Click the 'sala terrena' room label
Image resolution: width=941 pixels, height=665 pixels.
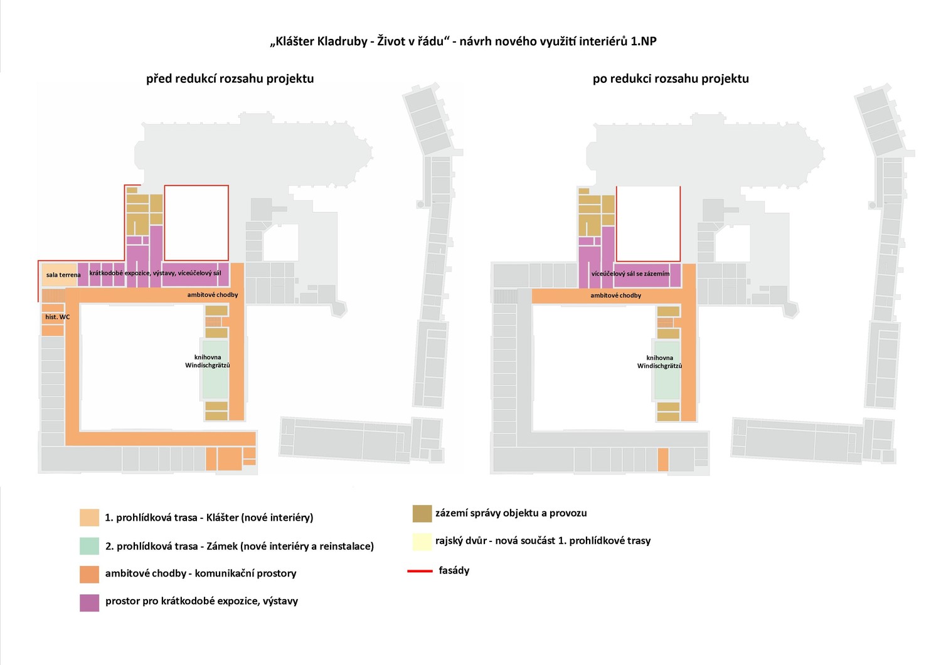coord(63,275)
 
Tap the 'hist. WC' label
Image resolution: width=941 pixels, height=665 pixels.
coord(58,317)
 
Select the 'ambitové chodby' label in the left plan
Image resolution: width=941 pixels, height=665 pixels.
coord(213,295)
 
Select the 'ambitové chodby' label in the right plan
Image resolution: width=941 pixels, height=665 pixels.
coord(616,295)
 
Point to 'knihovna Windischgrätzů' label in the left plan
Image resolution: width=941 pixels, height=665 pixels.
coord(208,361)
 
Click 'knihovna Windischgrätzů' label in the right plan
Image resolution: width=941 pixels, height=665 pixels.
coord(659,362)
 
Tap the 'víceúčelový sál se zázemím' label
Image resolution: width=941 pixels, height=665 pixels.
coord(630,274)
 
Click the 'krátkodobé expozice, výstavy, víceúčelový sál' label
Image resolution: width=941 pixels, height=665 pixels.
coord(155,273)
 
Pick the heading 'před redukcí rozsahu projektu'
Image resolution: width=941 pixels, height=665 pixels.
coord(230,79)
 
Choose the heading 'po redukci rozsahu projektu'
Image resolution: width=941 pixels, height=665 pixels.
coord(671,79)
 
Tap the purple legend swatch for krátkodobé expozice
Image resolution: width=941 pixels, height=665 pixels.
coord(90,602)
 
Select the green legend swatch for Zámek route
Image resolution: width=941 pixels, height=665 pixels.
coord(90,546)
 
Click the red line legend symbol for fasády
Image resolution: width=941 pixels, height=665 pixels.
coord(420,571)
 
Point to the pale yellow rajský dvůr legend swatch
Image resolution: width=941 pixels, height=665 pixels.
coord(422,541)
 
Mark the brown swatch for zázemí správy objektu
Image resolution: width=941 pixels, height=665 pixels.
coord(422,514)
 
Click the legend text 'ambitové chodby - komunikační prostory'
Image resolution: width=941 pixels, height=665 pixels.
coord(201,573)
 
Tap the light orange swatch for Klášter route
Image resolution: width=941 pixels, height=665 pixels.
coord(90,518)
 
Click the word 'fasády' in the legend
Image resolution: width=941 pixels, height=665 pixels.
coord(454,570)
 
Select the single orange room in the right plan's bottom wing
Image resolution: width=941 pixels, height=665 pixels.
coord(663,460)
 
